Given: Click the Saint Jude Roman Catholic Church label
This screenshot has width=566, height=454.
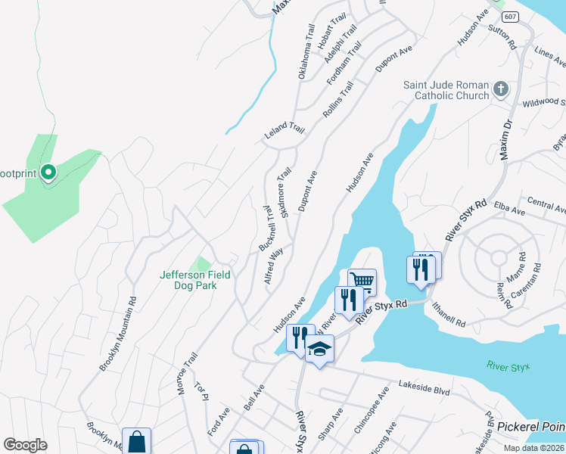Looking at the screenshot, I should (451, 90).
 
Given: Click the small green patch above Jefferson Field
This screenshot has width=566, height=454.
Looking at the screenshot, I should (201, 263).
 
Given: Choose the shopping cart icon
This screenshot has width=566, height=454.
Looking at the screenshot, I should (362, 282).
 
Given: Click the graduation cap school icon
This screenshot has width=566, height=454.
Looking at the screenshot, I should (319, 349).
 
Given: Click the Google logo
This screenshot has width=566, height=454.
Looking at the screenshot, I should (25, 445).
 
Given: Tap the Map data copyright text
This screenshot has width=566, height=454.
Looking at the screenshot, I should (533, 448).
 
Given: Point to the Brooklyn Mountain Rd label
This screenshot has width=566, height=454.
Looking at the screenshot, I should (118, 333).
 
